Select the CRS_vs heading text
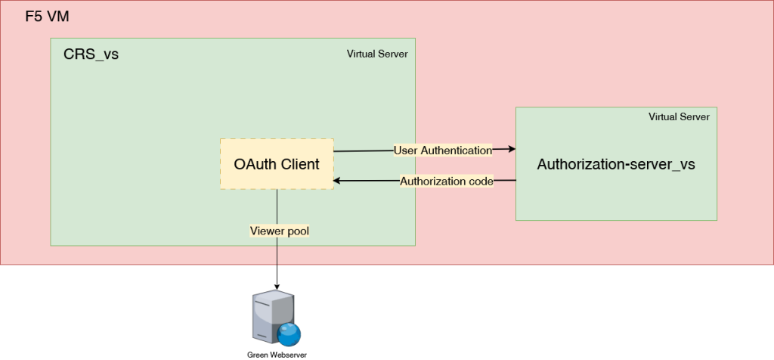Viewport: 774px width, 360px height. (x=91, y=55)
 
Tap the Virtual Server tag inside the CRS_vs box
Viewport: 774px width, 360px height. (x=377, y=54)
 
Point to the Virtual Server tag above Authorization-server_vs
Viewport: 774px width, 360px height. (x=679, y=117)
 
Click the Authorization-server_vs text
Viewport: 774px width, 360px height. (x=615, y=164)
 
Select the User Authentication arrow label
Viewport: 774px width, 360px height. (x=443, y=151)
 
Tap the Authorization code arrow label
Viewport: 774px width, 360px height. (x=447, y=182)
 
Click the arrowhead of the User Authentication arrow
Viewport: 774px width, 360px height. (x=512, y=150)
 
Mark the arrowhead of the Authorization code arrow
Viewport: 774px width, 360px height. (x=338, y=181)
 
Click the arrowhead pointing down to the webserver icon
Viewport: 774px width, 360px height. (x=277, y=286)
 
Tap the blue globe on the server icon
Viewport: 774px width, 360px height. (x=288, y=334)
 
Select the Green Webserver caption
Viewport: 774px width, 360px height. (x=277, y=354)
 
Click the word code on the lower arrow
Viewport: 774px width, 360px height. (x=480, y=182)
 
